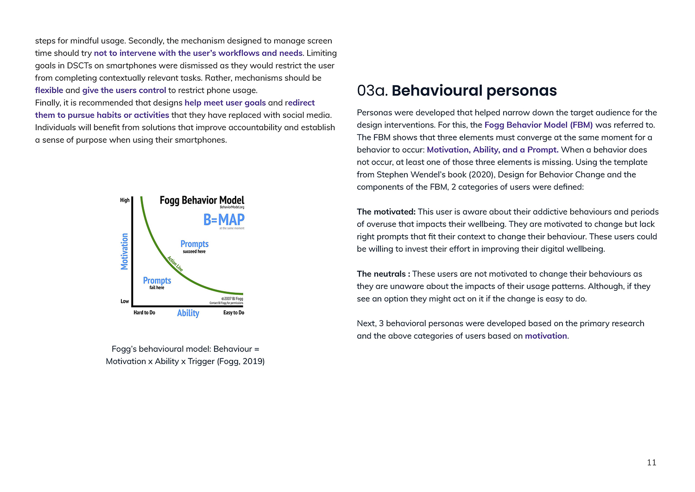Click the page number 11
click(x=651, y=462)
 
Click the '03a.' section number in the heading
click(x=372, y=90)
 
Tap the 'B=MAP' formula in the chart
click(x=224, y=219)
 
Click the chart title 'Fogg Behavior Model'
click(x=202, y=200)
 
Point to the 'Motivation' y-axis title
click(x=124, y=251)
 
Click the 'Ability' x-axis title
click(x=188, y=313)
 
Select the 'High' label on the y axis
click(x=125, y=200)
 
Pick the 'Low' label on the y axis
click(x=125, y=301)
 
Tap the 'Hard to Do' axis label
click(x=144, y=313)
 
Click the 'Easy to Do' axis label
click(x=234, y=313)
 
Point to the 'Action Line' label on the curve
click(x=175, y=263)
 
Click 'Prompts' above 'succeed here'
click(x=195, y=244)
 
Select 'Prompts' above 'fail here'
click(x=157, y=281)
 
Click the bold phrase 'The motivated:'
click(x=386, y=212)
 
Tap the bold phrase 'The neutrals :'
click(x=383, y=274)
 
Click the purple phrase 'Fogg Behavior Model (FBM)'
click(x=538, y=125)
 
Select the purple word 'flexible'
click(x=49, y=90)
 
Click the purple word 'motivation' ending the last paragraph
click(x=546, y=336)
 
